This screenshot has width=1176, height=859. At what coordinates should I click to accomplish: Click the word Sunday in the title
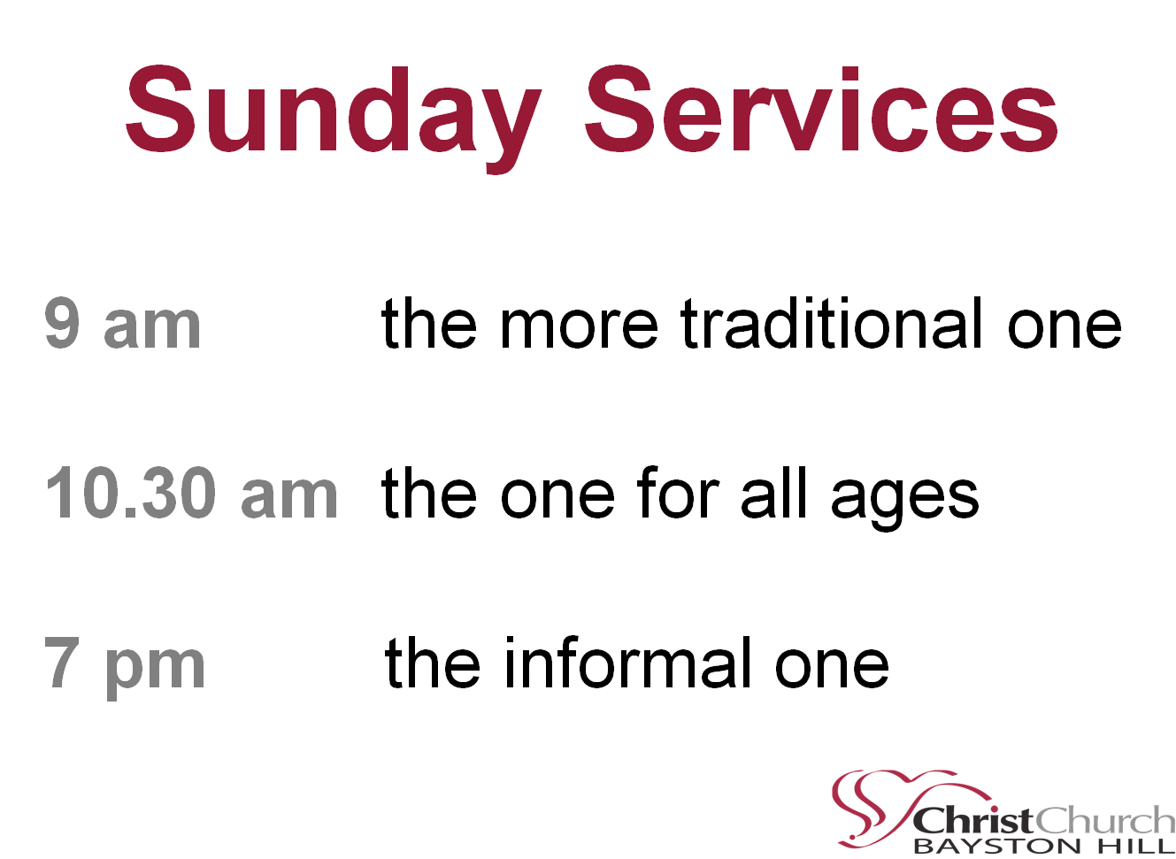(334, 118)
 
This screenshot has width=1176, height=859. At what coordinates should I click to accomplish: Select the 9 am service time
(122, 322)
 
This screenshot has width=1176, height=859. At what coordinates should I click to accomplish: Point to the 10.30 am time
(192, 492)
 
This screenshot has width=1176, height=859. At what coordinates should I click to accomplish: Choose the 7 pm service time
(124, 667)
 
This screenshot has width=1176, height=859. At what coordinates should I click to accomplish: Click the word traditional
(831, 322)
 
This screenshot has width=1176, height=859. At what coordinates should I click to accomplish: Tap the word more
(579, 328)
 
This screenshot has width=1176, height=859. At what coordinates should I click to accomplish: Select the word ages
(904, 499)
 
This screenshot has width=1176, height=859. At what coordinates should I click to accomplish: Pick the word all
(773, 492)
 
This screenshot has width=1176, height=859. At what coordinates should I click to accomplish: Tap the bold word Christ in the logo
(973, 821)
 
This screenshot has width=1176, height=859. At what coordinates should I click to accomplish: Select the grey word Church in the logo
(1104, 820)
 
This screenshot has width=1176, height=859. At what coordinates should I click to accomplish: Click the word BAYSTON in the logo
(996, 846)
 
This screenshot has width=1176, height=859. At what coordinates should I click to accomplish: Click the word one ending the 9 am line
(1065, 328)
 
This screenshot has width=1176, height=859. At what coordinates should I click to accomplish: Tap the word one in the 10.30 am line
(557, 498)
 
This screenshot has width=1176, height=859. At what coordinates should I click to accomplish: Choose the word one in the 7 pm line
(831, 667)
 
